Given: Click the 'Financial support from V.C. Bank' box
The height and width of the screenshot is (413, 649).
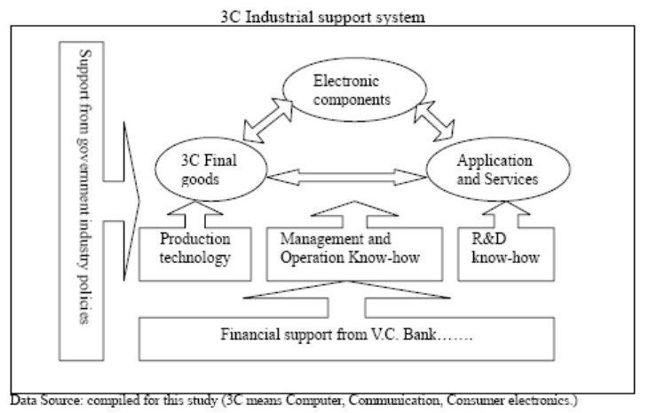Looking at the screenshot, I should click(x=347, y=337).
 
